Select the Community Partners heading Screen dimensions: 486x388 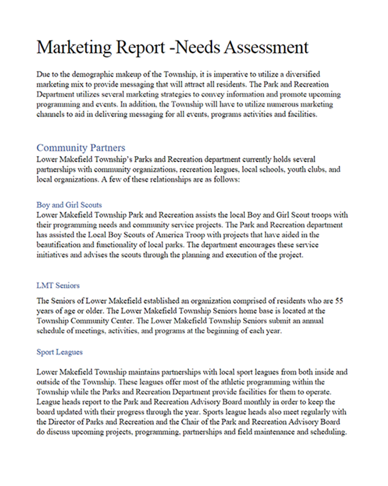81,148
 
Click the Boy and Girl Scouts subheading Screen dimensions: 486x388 69,205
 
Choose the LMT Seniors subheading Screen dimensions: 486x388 58,285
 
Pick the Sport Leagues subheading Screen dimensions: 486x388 59,351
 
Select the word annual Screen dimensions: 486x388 320,321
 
